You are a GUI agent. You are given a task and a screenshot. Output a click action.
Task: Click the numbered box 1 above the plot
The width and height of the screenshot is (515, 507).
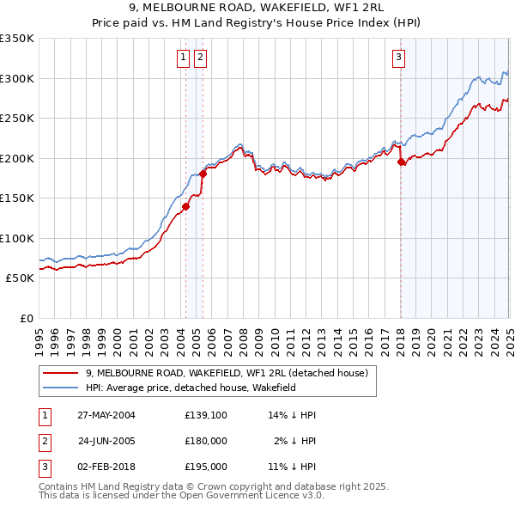184,58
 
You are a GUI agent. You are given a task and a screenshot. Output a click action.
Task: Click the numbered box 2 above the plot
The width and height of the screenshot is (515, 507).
200,58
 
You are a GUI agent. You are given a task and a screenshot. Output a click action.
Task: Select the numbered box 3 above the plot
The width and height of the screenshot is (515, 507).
399,58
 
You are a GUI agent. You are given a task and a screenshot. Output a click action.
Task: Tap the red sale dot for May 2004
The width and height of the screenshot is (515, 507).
185,206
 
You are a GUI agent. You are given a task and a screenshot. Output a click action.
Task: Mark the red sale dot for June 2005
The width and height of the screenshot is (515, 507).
203,174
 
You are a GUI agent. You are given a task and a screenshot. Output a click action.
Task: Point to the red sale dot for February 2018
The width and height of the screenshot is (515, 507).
401,162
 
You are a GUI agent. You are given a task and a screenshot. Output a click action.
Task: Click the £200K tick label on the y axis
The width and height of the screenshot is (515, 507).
17,158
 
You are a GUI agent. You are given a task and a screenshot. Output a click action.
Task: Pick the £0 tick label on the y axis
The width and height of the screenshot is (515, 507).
26,318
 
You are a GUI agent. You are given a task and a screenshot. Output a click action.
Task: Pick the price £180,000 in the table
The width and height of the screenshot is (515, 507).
205,441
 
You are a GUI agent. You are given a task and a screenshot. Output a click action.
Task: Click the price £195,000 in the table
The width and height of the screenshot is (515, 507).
205,467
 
